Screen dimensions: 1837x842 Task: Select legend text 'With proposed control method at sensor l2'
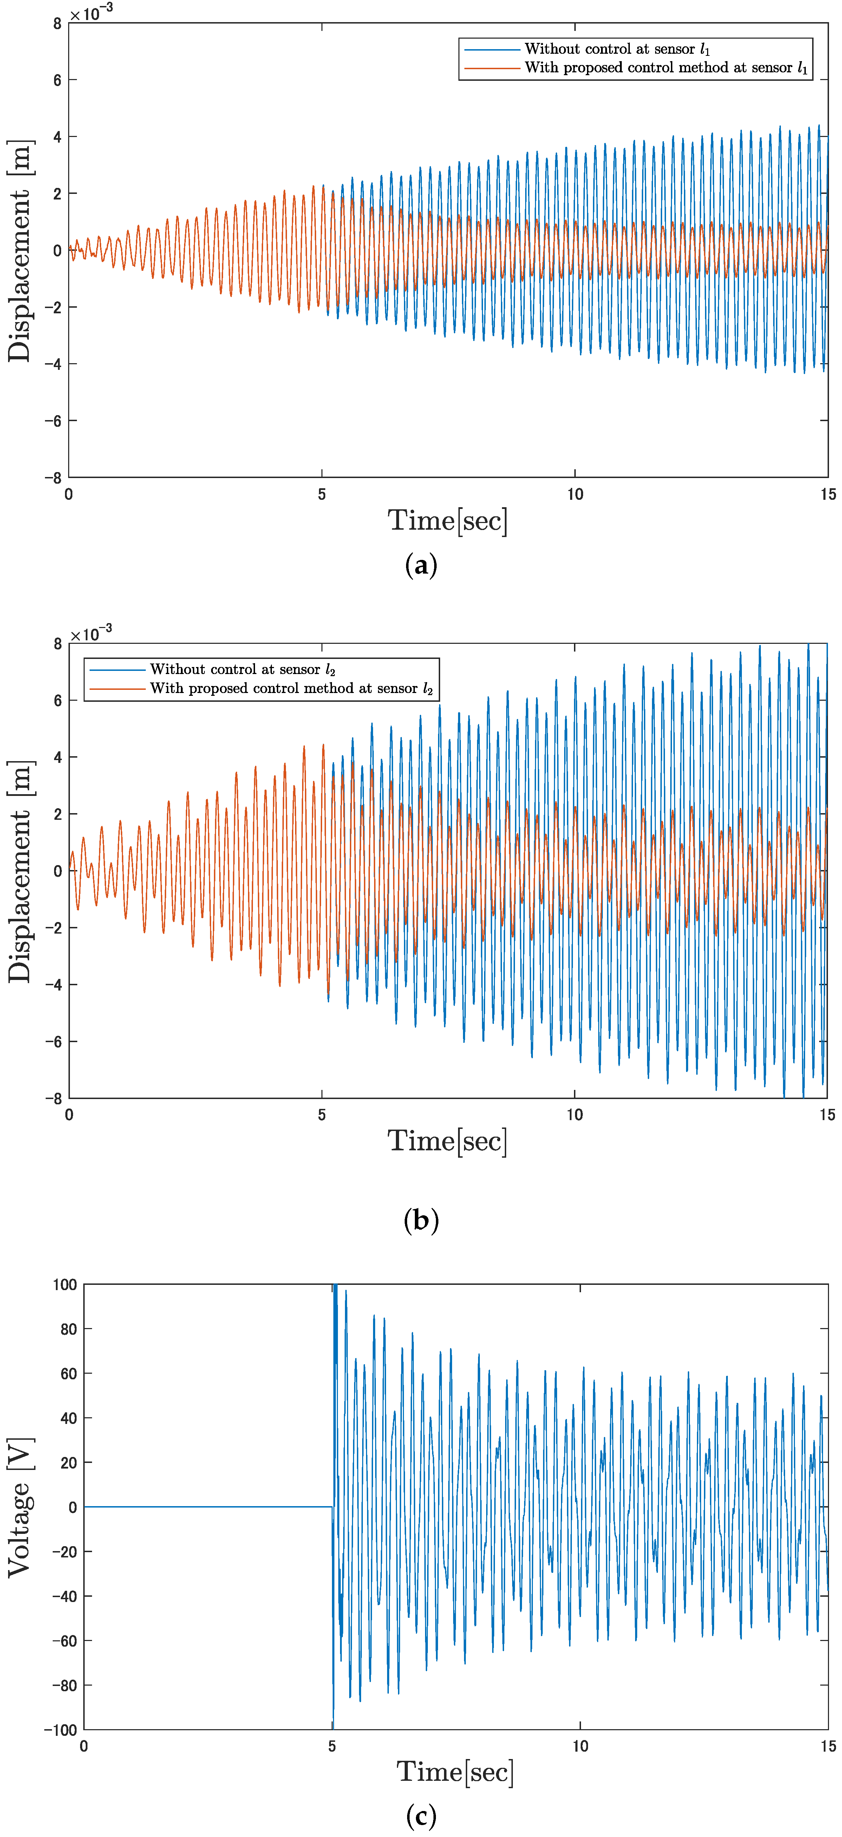tap(291, 688)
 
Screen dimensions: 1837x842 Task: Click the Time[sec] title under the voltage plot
tap(455, 1771)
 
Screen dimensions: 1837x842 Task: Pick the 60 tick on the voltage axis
tap(68, 1373)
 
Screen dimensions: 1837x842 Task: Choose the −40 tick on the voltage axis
tap(64, 1596)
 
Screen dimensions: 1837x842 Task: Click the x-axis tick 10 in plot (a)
tap(575, 494)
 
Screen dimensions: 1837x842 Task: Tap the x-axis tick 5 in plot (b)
tap(321, 1114)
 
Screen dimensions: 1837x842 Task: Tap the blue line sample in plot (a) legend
tap(492, 49)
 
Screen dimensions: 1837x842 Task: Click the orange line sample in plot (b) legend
tap(117, 688)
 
